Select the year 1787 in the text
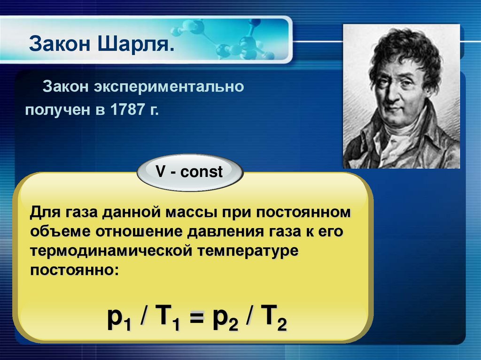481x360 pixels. coord(129,111)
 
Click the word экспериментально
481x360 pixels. coord(170,87)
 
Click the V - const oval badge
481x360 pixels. coord(189,172)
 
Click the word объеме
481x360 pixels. coord(61,232)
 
